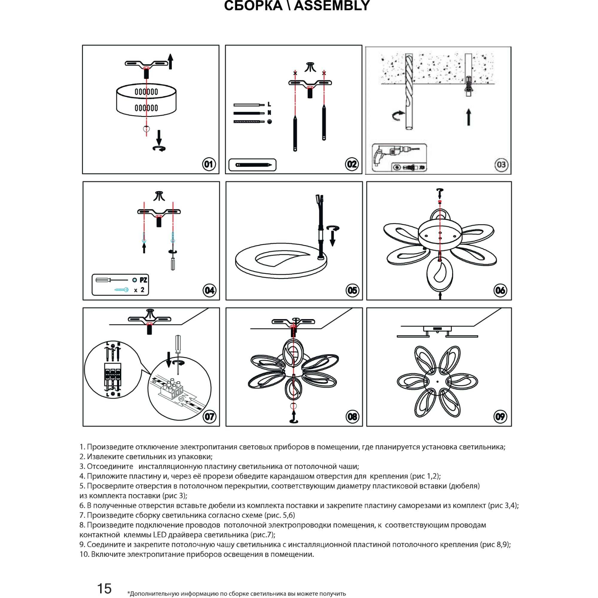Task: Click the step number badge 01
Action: point(209,164)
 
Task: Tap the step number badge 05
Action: point(352,290)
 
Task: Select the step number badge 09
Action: point(500,417)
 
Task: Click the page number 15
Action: point(104,588)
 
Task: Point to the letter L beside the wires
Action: point(269,104)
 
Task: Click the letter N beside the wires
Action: point(269,113)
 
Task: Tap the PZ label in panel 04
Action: point(143,280)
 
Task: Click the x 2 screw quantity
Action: point(139,290)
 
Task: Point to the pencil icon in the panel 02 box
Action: point(253,165)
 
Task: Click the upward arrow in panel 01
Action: point(170,61)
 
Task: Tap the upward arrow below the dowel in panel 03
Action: point(469,117)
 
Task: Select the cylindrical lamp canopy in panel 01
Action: point(147,100)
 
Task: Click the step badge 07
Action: point(209,417)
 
